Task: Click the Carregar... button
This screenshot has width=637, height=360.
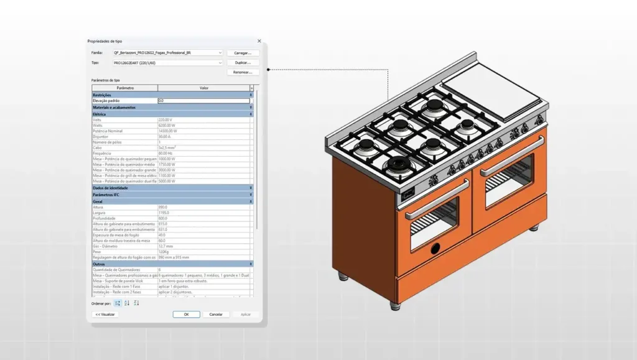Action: click(x=243, y=53)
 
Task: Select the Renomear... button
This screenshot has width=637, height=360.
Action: click(x=243, y=72)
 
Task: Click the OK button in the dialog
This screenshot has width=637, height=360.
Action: click(x=186, y=315)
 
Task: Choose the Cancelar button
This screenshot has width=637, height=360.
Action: click(x=216, y=315)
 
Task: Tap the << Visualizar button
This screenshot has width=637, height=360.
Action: click(x=105, y=315)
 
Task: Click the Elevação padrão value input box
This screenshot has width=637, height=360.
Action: click(x=203, y=101)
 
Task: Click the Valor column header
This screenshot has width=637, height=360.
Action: click(x=203, y=88)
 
